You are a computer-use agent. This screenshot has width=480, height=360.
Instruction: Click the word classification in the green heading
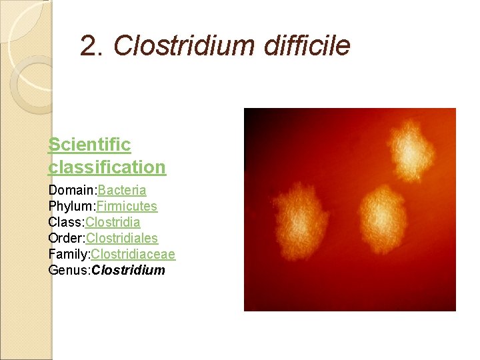click(x=107, y=167)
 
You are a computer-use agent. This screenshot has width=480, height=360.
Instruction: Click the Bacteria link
click(x=122, y=191)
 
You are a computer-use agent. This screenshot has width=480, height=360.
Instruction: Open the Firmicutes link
click(x=127, y=207)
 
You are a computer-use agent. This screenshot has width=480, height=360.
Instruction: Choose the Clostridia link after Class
click(x=113, y=222)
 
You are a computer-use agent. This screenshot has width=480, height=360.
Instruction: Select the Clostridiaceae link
click(x=133, y=254)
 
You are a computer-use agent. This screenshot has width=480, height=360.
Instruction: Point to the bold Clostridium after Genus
click(x=128, y=270)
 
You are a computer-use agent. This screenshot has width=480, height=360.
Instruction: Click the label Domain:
click(x=73, y=191)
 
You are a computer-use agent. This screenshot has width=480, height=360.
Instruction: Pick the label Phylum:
click(x=72, y=207)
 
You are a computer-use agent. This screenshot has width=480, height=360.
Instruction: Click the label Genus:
click(x=69, y=270)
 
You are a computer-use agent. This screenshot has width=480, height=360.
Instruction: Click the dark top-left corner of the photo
click(x=253, y=117)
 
